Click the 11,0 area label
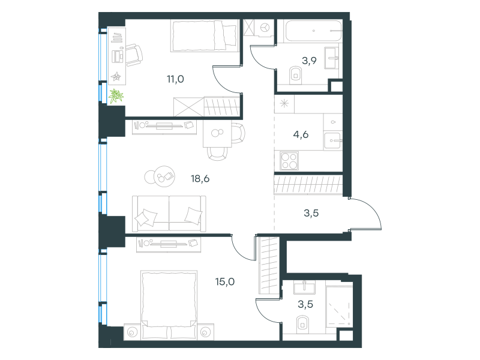tap(175, 79)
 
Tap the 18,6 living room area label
tap(200, 178)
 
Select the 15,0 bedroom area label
tap(225, 281)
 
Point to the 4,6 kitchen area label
tap(301, 134)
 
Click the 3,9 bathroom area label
tap(309, 61)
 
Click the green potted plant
tap(116, 96)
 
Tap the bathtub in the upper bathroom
tap(313, 31)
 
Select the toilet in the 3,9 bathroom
tap(296, 75)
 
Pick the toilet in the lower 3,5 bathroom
tap(302, 325)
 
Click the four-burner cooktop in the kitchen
tap(289, 161)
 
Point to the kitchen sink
tap(332, 141)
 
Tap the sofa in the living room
tap(169, 214)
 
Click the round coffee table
tap(164, 176)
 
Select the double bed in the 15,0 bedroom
tap(169, 304)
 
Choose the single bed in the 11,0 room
tap(204, 35)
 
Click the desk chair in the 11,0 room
tap(134, 55)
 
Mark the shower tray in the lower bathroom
tap(339, 307)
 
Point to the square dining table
tap(217, 133)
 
